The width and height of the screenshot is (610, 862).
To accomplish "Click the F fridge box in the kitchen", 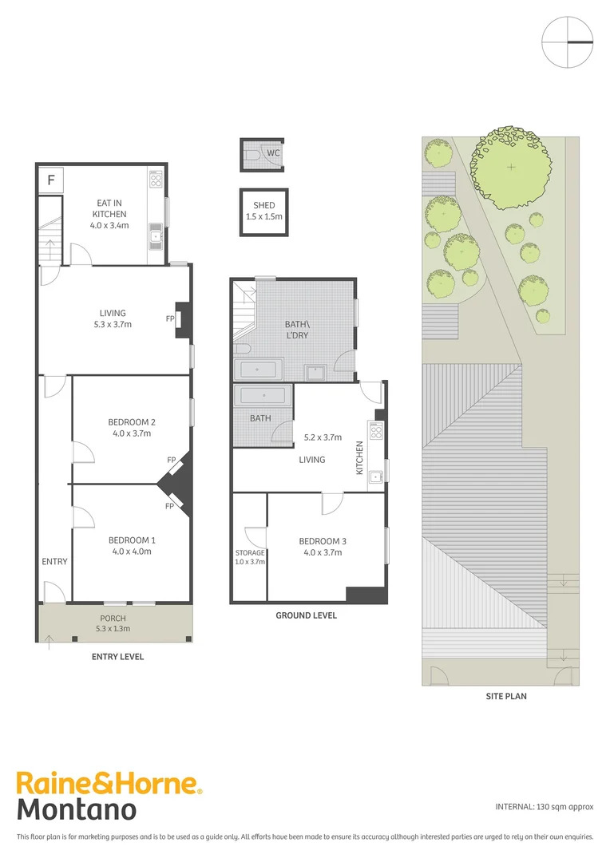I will point(51,180).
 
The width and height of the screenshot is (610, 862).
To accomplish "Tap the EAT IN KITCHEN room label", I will point(110,214).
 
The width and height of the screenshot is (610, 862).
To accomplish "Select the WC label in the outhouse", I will point(273,152).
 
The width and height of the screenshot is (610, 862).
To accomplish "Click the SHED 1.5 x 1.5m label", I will point(263,211).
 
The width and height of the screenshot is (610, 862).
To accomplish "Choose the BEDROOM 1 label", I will point(132,546).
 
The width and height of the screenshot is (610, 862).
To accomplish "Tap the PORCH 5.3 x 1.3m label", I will point(113,623).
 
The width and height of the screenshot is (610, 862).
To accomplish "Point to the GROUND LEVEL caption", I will point(306,615).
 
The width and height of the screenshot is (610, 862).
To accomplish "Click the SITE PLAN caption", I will point(506,696).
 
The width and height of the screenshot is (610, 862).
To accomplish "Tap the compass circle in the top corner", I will point(568,42).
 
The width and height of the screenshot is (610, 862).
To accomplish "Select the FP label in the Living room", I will point(170,319).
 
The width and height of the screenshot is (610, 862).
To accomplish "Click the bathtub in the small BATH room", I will point(263,396).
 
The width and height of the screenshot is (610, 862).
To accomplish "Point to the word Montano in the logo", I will point(77,809).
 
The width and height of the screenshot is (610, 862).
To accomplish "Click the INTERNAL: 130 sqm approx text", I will point(545,806).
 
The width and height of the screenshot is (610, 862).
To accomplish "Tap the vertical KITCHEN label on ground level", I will point(359,457).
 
